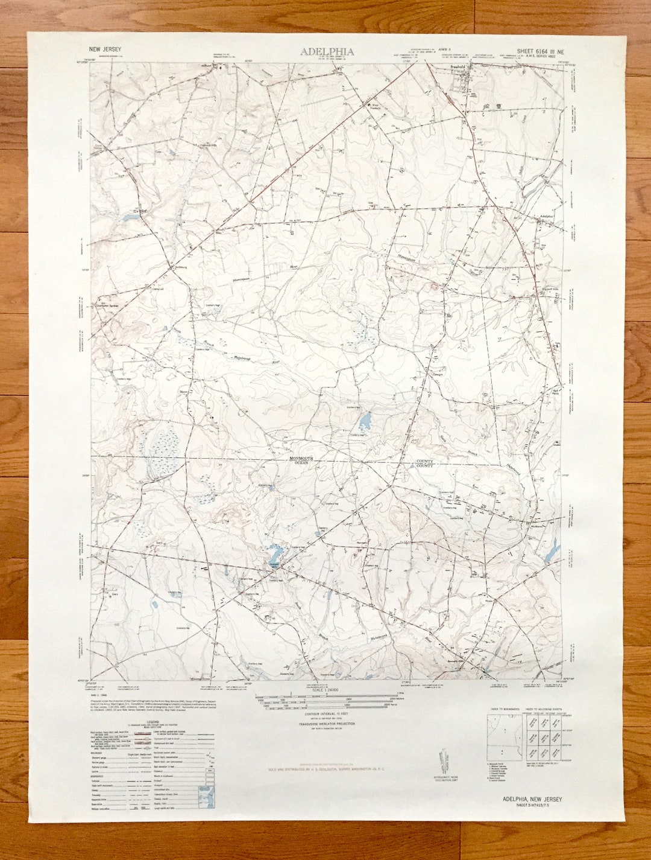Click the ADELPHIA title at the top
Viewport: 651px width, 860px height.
coord(327,52)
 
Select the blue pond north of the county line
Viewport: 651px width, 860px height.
coord(365,419)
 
